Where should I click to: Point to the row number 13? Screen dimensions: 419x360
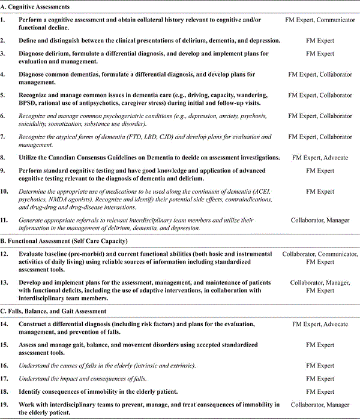point(5,283)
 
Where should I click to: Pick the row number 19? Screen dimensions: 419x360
point(5,405)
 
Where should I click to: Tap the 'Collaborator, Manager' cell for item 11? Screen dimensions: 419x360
point(320,220)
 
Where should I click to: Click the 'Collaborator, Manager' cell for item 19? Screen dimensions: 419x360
point(320,405)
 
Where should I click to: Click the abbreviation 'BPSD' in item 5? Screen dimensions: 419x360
point(28,103)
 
